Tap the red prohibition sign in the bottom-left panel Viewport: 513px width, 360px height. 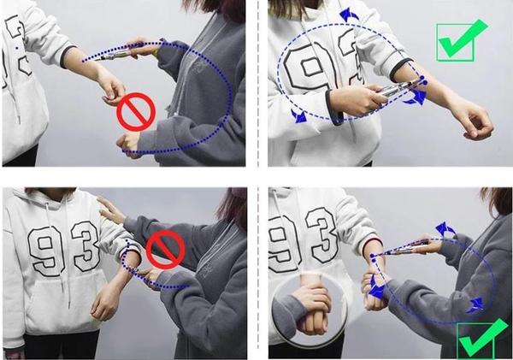coord(165,252)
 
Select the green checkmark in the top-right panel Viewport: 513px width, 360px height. coord(461,39)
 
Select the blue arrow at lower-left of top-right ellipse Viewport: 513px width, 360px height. coord(298,117)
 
